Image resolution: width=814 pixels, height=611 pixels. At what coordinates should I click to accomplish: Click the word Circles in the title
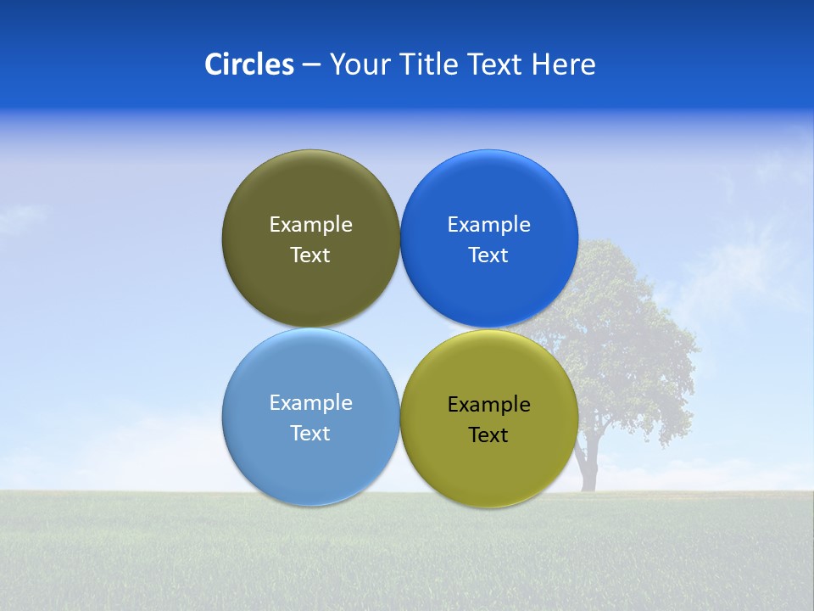click(x=248, y=64)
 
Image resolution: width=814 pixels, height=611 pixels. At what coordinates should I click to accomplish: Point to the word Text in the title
click(x=497, y=64)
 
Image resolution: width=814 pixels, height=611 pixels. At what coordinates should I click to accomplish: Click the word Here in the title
click(x=564, y=64)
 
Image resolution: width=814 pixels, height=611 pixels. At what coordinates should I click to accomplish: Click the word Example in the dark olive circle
click(x=310, y=224)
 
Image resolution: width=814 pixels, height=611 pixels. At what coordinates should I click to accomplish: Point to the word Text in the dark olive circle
click(x=310, y=255)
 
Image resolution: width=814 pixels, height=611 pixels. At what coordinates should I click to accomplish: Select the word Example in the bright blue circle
click(x=489, y=224)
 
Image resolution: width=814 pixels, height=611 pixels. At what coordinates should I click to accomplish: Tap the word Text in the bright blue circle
click(x=489, y=255)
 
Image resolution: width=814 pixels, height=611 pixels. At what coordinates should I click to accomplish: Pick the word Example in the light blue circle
click(x=310, y=402)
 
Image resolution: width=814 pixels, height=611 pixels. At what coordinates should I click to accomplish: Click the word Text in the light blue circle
click(x=310, y=433)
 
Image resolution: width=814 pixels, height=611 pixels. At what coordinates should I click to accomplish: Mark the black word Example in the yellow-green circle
click(x=489, y=404)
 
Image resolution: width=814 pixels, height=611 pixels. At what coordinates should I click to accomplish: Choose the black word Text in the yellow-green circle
click(x=489, y=434)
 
